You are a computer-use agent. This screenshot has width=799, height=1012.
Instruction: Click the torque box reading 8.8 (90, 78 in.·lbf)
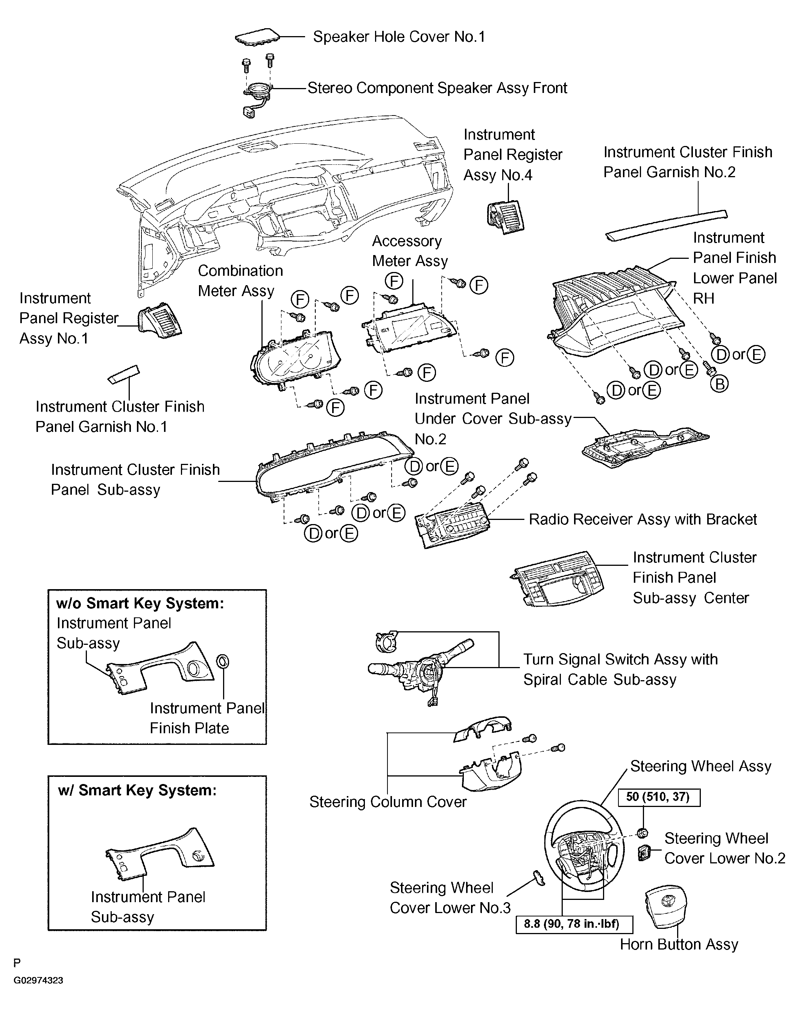coord(574,924)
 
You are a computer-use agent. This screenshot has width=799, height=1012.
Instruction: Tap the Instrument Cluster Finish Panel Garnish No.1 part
coord(123,374)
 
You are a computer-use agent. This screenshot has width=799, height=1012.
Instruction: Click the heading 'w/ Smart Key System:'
coord(137,790)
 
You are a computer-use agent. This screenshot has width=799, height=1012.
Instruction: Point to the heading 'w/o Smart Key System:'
coord(140,603)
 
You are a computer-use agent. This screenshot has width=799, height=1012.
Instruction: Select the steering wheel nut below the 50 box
coord(643,832)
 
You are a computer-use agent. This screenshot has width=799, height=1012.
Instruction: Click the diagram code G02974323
coord(38,980)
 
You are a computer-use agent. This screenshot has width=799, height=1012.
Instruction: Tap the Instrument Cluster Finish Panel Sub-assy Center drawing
coord(557,579)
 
